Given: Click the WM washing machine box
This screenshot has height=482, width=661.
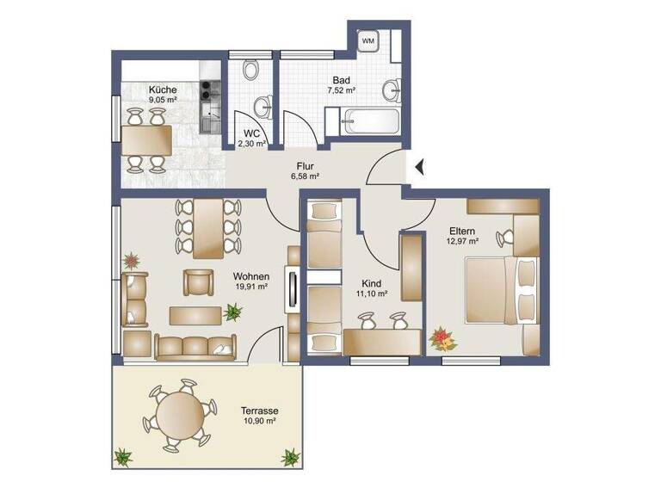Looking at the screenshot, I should click(368, 40).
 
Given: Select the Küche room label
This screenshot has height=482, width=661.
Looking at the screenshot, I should click(162, 90).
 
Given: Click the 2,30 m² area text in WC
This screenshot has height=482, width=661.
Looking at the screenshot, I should click(252, 143).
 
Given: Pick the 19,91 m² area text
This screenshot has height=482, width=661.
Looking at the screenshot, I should click(250, 288).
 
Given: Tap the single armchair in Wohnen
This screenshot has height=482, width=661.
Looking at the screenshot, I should click(198, 282).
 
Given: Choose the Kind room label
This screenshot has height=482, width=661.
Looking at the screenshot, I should click(372, 282).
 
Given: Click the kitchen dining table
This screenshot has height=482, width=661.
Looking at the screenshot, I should click(145, 138).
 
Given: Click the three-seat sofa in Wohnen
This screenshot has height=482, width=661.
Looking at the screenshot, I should click(196, 346).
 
